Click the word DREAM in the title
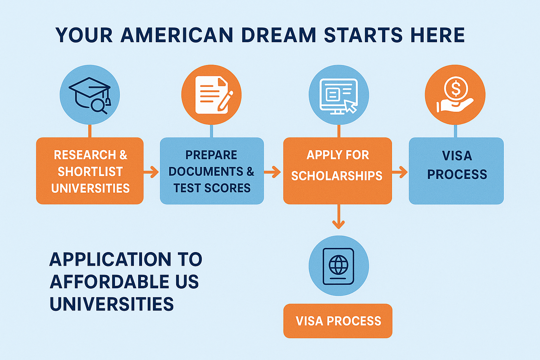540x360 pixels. coord(278,35)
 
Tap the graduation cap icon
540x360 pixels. coord(90,94)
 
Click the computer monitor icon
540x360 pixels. coord(339,95)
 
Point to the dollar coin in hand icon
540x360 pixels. coord(455,94)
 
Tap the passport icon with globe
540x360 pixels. coord(339,266)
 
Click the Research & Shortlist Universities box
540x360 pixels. coord(90,171)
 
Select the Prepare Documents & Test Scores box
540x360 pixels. coord(212,171)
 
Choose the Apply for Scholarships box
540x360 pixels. coord(337,171)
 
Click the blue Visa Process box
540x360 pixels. coord(456,171)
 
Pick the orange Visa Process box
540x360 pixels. coord(337,321)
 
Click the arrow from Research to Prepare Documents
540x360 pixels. coord(152,172)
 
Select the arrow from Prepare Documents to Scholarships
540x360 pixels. coord(273,172)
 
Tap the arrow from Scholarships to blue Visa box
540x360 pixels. coord(400,172)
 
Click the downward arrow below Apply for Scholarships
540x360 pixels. coord(338,218)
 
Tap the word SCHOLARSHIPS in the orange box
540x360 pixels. coord(336,176)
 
